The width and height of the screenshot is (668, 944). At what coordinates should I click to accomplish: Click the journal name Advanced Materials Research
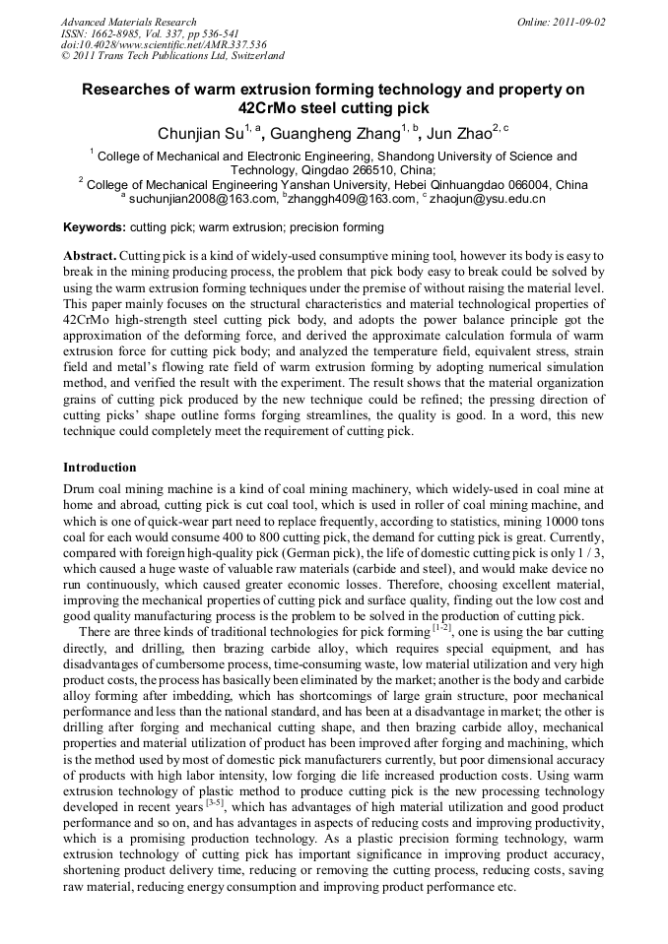(128, 22)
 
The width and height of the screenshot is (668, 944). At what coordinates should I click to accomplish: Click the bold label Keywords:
(95, 227)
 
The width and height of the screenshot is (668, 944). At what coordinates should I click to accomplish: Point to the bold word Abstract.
(88, 255)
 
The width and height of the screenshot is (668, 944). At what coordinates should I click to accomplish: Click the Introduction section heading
(100, 467)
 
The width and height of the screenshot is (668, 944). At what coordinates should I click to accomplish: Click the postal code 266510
(358, 169)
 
